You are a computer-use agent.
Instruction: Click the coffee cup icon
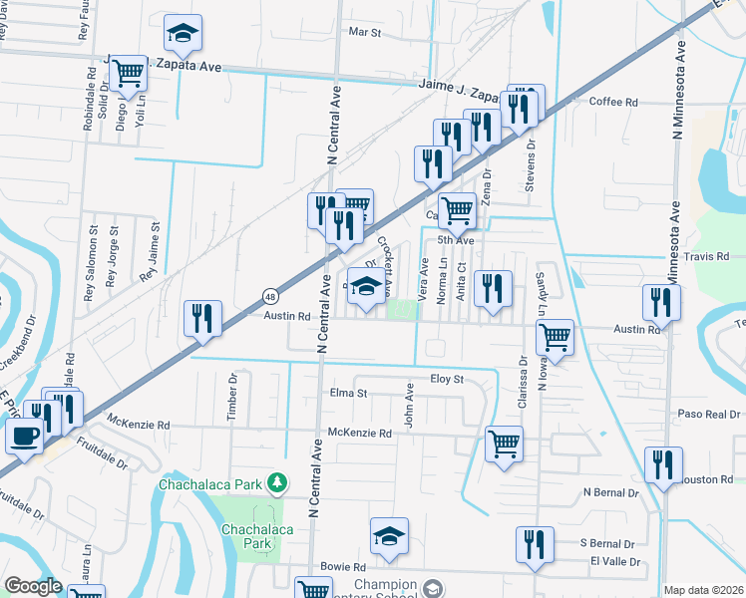pos(23,435)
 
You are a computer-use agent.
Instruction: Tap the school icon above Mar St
pos(183,34)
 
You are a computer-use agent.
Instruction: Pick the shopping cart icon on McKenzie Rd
pos(505,444)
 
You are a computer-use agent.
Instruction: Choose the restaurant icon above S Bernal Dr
pos(536,545)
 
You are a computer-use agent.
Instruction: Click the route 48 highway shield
pos(271,295)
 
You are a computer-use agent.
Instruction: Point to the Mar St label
pos(365,32)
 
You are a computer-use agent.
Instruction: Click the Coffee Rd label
pos(613,102)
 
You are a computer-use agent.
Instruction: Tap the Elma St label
pos(348,393)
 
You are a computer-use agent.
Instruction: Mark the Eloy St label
pos(447,380)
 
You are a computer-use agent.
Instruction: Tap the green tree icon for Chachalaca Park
pos(276,484)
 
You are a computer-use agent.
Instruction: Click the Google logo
pos(33,586)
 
